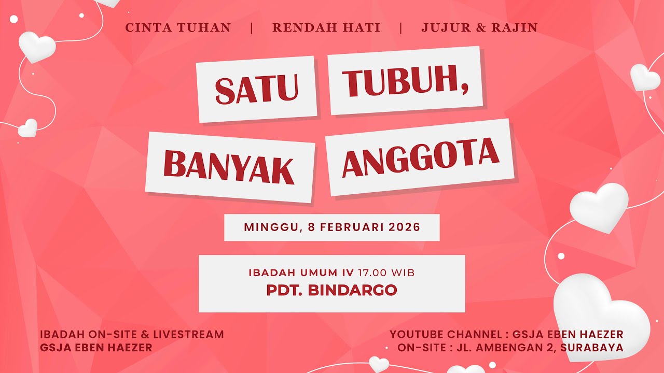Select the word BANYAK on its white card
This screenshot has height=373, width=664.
[229, 167]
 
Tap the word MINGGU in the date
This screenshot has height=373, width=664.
[271, 227]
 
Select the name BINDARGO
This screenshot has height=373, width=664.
[352, 290]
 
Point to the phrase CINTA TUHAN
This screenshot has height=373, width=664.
[178, 27]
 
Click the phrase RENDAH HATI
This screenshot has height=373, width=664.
[326, 27]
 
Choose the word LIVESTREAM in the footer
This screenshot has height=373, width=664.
[188, 334]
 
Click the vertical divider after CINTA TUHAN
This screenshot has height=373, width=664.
[252, 28]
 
